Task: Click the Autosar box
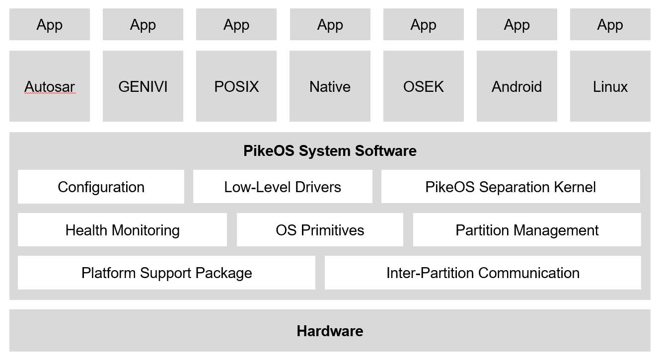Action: tap(50, 86)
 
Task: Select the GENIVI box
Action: tap(143, 86)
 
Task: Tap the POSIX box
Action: tap(236, 86)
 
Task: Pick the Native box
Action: tap(330, 86)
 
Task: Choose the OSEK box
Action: tap(423, 86)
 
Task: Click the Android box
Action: tap(516, 86)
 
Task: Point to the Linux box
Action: tap(610, 86)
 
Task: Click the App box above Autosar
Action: tap(50, 25)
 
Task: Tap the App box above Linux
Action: tap(610, 25)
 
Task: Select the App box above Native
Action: tap(330, 25)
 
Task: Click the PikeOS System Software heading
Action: tap(330, 150)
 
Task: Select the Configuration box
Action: tap(101, 187)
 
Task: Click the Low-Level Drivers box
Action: tap(283, 187)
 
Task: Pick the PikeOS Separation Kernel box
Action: tap(511, 187)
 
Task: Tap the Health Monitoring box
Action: tap(122, 230)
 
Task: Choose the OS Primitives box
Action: tap(320, 230)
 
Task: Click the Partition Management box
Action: tap(527, 230)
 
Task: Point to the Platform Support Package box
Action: tap(166, 273)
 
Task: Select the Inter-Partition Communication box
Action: tap(483, 273)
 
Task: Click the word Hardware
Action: tap(330, 331)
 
